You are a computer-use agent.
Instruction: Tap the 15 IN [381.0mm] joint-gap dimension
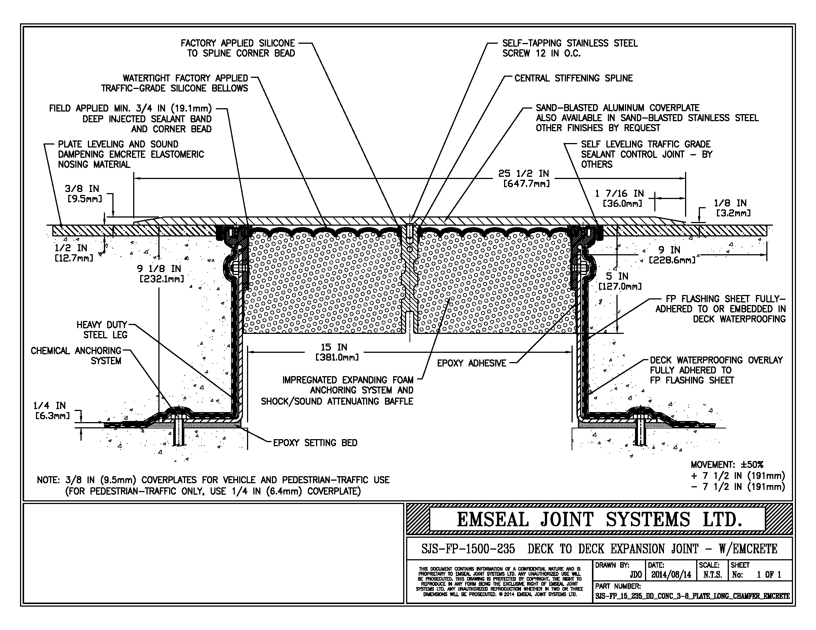point(337,352)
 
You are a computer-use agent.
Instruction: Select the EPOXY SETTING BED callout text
point(315,442)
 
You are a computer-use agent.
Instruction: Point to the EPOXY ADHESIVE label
point(471,363)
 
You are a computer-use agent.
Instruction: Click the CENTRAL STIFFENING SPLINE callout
point(573,78)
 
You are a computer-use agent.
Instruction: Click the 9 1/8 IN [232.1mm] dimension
point(161,273)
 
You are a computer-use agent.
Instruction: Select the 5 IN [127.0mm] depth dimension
point(620,281)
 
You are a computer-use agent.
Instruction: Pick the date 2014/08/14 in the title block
point(671,575)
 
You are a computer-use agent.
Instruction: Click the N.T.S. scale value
point(712,575)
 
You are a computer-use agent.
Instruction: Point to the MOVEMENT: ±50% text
point(727,465)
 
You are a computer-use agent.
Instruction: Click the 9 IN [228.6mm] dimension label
point(671,255)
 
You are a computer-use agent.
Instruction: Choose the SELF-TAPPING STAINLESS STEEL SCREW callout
point(569,48)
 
